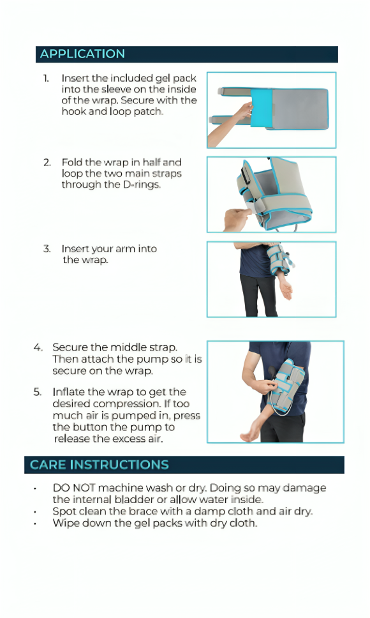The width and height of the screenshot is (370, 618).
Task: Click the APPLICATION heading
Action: [x=82, y=54]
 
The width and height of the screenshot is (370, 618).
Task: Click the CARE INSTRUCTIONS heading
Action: [x=99, y=465]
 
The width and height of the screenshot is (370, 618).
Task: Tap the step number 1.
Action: [x=46, y=78]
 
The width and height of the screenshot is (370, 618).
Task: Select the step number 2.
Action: [x=47, y=162]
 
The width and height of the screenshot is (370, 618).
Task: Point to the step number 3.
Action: [x=47, y=248]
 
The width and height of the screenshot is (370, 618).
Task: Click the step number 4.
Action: [x=38, y=347]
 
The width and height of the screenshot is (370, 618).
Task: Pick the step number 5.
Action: [x=38, y=392]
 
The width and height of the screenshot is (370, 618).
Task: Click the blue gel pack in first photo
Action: [x=262, y=108]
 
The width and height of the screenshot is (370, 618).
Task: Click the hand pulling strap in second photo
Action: [x=236, y=218]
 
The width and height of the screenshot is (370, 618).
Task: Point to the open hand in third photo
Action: [x=286, y=290]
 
